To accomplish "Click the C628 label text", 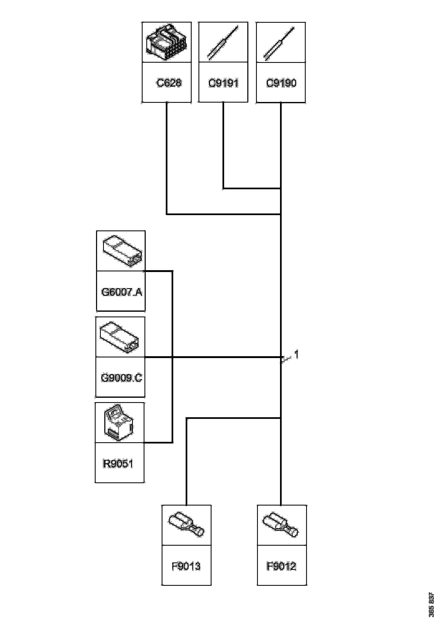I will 169,83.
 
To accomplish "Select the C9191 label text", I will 223,83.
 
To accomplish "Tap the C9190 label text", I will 281,83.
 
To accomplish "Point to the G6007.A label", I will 121,292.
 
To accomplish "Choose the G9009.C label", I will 121,378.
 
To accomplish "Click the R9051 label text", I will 118,464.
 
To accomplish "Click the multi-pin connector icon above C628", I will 166,42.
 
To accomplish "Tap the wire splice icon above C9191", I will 223,42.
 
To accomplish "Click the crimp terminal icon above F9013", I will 186,525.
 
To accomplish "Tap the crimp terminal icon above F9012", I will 281,525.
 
